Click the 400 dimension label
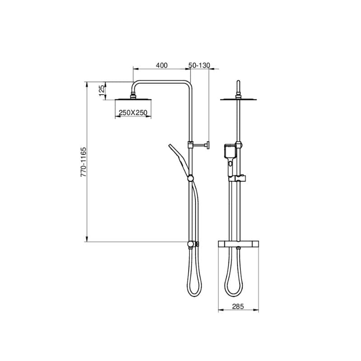pyautogui.click(x=162, y=65)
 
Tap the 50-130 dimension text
pyautogui.click(x=199, y=65)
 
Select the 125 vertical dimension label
pyautogui.click(x=102, y=91)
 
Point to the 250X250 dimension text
pyautogui.click(x=133, y=112)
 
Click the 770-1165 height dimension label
pyautogui.click(x=83, y=162)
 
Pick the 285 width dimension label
pyautogui.click(x=238, y=306)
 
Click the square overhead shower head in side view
pyautogui.click(x=133, y=100)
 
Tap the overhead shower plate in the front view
pyautogui.click(x=238, y=99)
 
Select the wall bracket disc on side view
pyautogui.click(x=208, y=145)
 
